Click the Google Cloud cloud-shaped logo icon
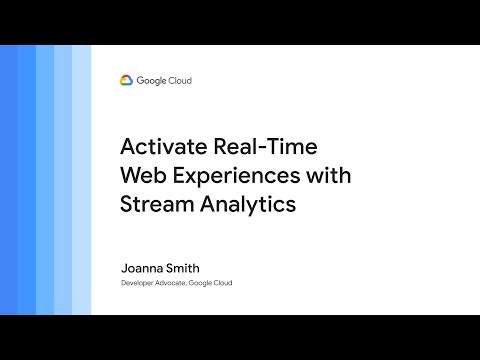pyautogui.click(x=127, y=80)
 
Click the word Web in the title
pyautogui.click(x=141, y=178)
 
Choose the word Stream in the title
pyautogui.click(x=156, y=206)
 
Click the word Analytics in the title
pyautogui.click(x=249, y=206)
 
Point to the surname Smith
pyautogui.click(x=188, y=268)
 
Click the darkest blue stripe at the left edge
pyautogui.click(x=9, y=180)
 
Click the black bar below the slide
pyautogui.click(x=240, y=337)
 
